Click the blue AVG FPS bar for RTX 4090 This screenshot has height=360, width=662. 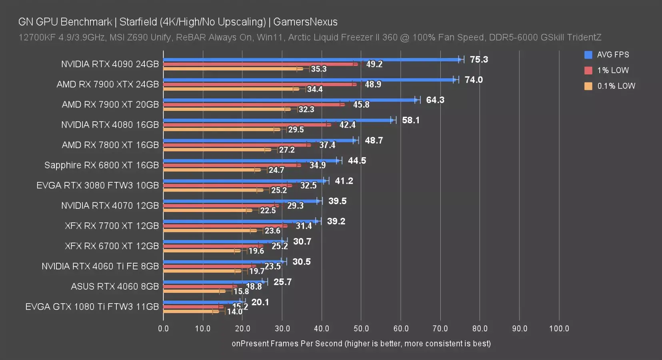pyautogui.click(x=312, y=60)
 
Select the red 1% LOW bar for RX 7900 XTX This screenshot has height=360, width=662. pyautogui.click(x=260, y=84)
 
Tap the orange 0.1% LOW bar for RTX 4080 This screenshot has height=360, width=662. pyautogui.click(x=220, y=129)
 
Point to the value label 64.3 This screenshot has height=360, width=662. pyautogui.click(x=435, y=100)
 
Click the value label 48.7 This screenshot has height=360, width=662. pyautogui.click(x=374, y=140)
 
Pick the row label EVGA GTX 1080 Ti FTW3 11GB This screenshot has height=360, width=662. pyautogui.click(x=92, y=307)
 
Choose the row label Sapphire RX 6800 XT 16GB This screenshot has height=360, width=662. pyautogui.click(x=102, y=165)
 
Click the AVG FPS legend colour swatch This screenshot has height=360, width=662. pyautogui.click(x=588, y=55)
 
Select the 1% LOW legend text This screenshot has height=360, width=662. pyautogui.click(x=613, y=70)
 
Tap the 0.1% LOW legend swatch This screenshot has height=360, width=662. pyautogui.click(x=588, y=86)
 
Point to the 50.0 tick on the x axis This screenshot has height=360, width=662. pyautogui.click(x=361, y=328)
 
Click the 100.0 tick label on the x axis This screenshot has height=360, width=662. pyautogui.click(x=559, y=328)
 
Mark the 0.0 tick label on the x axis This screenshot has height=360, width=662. pyautogui.click(x=163, y=328)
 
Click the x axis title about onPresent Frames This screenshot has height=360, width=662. pyautogui.click(x=361, y=344)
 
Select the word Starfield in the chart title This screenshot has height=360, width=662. pyautogui.click(x=139, y=22)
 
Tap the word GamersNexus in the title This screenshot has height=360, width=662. pyautogui.click(x=305, y=22)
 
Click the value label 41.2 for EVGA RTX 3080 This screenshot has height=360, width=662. pyautogui.click(x=344, y=181)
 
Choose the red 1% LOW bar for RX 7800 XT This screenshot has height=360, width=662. pyautogui.click(x=236, y=145)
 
